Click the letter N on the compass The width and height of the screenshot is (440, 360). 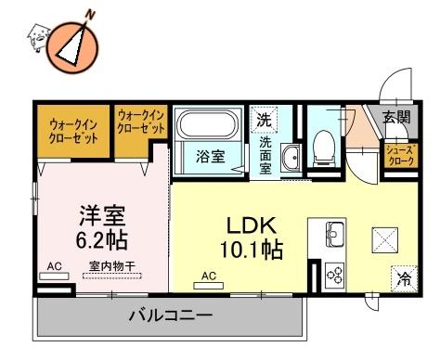pos(90,14)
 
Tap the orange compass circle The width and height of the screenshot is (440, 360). pos(72,48)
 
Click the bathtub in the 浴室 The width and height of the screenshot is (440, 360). pos(207,124)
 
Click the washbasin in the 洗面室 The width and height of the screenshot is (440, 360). pos(291,158)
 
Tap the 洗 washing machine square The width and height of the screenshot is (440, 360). pos(265,120)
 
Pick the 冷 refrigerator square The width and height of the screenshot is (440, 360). pos(404,278)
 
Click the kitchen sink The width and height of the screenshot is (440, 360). pos(335,234)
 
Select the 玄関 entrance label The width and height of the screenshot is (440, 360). pos(397,117)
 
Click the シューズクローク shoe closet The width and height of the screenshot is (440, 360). pos(401,156)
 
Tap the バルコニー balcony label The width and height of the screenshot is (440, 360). pos(171,315)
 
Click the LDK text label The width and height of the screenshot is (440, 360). pos(252,225)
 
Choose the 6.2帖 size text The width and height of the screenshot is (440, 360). pos(102,240)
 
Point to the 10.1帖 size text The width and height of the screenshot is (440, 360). pos(251,250)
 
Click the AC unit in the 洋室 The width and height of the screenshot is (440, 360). pos(55,276)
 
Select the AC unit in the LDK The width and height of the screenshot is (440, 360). pos(209,286)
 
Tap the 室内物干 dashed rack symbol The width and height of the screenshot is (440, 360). pos(112,276)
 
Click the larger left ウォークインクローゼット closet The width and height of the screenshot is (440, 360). pos(73,132)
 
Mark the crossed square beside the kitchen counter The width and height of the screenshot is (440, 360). pos(385,240)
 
